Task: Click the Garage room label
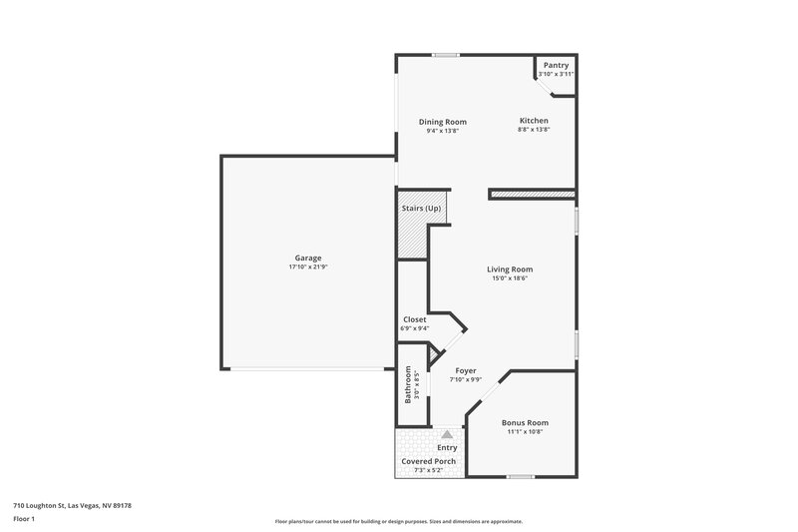[x=307, y=258]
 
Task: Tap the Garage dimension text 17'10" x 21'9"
[x=307, y=267]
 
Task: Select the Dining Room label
[x=442, y=122]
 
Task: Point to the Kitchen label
[x=534, y=121]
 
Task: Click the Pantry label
[x=556, y=65]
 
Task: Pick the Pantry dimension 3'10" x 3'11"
[x=556, y=74]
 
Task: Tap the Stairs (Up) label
[x=421, y=208]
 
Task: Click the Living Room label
[x=509, y=268]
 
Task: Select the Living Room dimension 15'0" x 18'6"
[x=509, y=278]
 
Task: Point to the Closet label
[x=414, y=319]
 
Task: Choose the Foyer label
[x=465, y=370]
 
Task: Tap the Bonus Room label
[x=525, y=422]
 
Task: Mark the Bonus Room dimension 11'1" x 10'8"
[x=525, y=432]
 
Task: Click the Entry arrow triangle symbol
[x=447, y=434]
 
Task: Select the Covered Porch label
[x=429, y=461]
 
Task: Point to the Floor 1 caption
[x=24, y=520]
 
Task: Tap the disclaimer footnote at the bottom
[x=399, y=521]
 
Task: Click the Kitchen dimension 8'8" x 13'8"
[x=534, y=131]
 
